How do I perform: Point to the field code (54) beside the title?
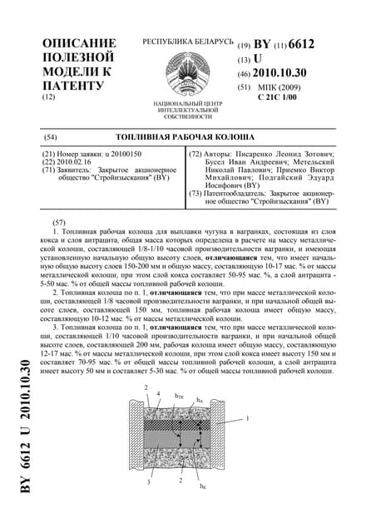click(x=49, y=135)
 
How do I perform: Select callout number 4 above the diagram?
click(x=158, y=393)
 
